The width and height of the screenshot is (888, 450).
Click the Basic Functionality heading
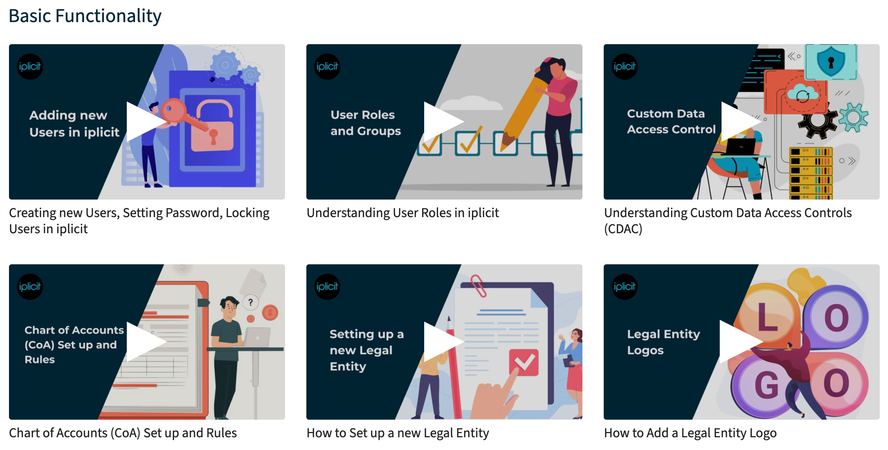tap(85, 16)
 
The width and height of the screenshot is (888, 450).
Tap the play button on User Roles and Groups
tap(442, 122)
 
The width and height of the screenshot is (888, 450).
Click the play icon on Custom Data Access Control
tap(739, 122)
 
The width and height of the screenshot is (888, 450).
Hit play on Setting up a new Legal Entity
tap(442, 342)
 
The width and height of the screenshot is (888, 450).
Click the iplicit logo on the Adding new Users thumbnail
tap(30, 67)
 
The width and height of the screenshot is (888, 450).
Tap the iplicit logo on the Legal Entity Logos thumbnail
tap(624, 287)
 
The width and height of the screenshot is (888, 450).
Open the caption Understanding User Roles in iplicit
tap(402, 213)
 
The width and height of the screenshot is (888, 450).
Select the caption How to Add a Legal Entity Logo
tap(690, 433)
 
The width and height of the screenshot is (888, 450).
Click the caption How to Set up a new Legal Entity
tap(398, 433)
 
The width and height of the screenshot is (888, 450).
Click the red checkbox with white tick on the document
tap(524, 362)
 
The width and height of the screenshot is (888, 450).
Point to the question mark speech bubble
tap(251, 302)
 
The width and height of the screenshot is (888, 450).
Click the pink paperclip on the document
tap(478, 286)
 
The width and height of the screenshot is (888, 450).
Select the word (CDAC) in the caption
tap(623, 229)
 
